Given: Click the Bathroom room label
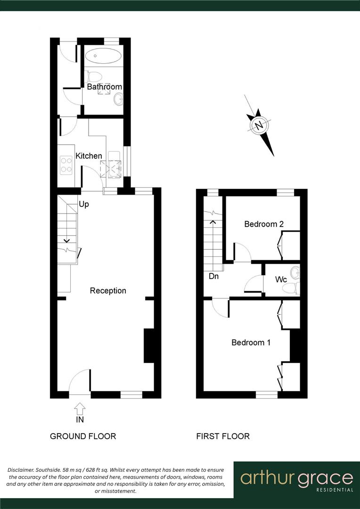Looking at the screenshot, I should (x=104, y=87).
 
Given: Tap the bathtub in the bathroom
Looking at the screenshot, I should (x=103, y=56).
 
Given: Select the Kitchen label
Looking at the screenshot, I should (x=89, y=156).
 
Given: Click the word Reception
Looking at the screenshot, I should (x=108, y=291).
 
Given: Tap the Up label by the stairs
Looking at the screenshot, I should (x=84, y=205).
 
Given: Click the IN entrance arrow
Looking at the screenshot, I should (x=80, y=408).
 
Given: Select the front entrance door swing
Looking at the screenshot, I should (x=79, y=381).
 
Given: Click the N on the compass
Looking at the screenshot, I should (x=259, y=125).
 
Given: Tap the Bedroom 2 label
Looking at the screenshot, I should (x=263, y=224).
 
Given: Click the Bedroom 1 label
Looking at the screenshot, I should (x=251, y=343).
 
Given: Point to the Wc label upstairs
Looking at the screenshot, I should (x=281, y=279).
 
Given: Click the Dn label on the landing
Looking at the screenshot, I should (x=213, y=277).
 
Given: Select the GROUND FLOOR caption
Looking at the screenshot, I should (x=83, y=436).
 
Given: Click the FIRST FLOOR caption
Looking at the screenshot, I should (x=223, y=436).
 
